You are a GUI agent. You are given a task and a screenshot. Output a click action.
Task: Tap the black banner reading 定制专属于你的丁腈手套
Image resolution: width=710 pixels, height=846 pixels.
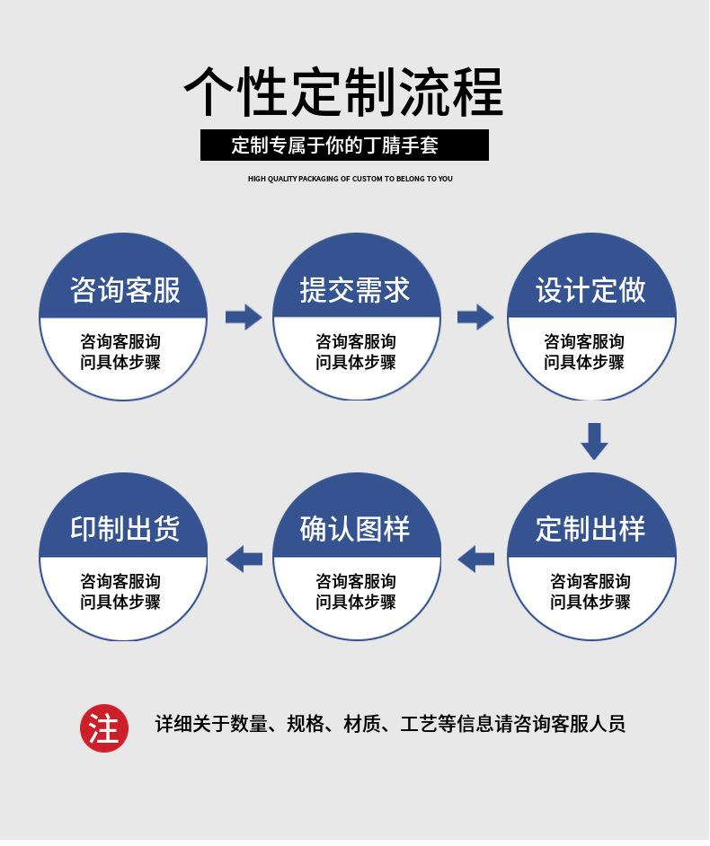(x=344, y=145)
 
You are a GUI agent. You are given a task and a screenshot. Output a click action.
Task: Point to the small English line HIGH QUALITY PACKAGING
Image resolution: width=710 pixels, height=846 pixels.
(x=351, y=179)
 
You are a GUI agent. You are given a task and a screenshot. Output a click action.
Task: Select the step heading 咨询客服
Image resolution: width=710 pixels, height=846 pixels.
(x=125, y=290)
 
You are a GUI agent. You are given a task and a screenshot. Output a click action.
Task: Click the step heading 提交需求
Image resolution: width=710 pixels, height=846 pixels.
(x=355, y=290)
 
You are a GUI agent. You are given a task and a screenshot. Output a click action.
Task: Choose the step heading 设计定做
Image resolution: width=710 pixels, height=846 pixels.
(x=590, y=290)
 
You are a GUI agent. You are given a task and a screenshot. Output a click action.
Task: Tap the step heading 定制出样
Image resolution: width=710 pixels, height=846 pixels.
(x=590, y=529)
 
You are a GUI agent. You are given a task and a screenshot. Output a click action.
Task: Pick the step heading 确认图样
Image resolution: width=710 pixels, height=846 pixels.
(x=355, y=529)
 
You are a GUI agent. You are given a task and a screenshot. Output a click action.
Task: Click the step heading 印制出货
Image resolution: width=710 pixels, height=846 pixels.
(x=125, y=529)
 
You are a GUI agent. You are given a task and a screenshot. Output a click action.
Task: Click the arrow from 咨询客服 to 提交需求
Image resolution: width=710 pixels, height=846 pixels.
(x=243, y=316)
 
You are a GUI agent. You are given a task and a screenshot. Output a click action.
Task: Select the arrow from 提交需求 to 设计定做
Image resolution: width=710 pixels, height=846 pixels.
(x=475, y=316)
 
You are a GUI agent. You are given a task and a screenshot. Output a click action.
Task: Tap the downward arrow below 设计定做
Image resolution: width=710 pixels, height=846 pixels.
(x=594, y=440)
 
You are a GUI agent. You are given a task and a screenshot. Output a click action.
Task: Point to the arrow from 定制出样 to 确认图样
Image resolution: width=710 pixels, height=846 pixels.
(x=475, y=559)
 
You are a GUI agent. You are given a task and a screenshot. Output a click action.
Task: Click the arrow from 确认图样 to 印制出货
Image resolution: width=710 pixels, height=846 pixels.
(x=244, y=559)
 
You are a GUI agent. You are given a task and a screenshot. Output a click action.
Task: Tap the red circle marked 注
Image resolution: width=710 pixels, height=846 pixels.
(x=104, y=727)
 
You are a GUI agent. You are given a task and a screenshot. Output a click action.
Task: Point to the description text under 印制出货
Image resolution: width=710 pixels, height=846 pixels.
(x=120, y=592)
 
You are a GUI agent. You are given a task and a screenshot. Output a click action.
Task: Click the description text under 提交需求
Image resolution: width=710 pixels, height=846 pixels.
(x=356, y=352)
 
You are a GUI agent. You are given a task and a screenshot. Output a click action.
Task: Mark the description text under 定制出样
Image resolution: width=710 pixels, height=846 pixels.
(x=590, y=592)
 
